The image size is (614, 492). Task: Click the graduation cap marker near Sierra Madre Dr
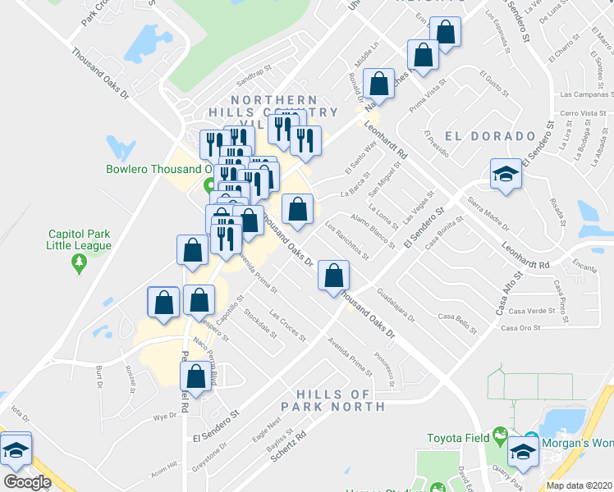(x=506, y=174)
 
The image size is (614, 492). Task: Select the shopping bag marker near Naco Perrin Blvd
(x=195, y=378)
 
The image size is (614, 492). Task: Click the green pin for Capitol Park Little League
(x=79, y=263)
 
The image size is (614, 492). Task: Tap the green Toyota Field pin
(x=499, y=435)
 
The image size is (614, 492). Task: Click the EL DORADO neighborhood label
(x=489, y=135)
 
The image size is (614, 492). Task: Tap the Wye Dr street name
(x=165, y=417)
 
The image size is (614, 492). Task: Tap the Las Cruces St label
(x=287, y=326)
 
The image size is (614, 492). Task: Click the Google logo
(x=27, y=481)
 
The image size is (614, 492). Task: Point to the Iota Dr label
(x=17, y=408)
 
